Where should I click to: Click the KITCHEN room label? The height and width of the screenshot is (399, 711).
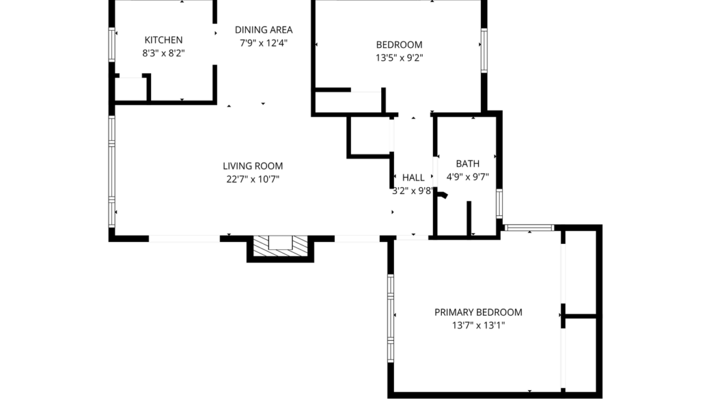coord(163,40)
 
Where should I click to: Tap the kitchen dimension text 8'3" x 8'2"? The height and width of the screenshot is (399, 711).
coord(163,54)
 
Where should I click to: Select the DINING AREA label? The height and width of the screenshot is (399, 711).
coord(263,29)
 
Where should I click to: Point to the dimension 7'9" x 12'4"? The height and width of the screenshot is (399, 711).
coord(263,44)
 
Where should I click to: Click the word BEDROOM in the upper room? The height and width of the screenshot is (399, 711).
coord(398,44)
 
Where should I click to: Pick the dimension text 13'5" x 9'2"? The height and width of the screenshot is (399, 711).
coord(398,58)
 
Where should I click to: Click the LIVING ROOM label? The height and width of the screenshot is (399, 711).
coord(252,166)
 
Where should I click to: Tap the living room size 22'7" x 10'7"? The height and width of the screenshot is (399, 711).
coord(252,179)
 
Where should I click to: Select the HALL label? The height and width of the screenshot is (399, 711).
coord(413,177)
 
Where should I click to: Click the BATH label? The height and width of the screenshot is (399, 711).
coord(468,164)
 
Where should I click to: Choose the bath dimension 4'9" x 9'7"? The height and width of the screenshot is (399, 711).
coord(468,177)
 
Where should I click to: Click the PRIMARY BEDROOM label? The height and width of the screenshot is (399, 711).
coord(478,313)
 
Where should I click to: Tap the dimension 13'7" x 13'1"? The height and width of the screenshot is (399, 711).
coord(478,325)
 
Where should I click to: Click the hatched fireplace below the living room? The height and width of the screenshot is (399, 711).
coord(280,247)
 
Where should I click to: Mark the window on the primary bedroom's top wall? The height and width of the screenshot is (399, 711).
coord(529,227)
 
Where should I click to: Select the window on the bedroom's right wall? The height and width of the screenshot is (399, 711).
coord(484,49)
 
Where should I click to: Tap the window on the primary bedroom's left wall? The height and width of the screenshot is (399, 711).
coord(390,310)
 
